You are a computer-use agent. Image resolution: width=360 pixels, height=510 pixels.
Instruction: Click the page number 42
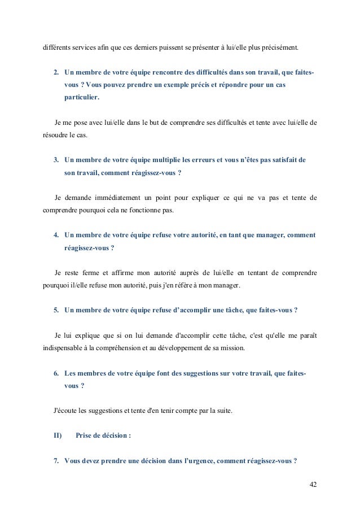coord(313,485)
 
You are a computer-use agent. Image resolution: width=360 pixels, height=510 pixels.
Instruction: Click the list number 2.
coord(56,73)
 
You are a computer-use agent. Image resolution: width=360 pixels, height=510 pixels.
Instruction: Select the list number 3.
coord(56,160)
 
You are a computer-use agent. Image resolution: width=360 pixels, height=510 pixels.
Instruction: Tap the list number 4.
coord(56,234)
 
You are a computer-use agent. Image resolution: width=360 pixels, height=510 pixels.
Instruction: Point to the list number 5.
coord(56,310)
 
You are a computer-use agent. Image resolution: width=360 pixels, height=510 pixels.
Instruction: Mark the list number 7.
coord(56,460)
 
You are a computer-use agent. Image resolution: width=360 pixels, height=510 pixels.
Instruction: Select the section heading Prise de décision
coord(103,435)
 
